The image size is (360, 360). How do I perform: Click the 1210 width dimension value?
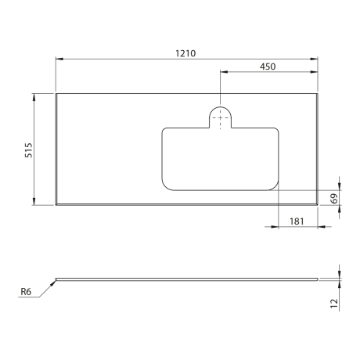(x=185, y=53)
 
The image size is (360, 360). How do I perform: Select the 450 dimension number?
(x=268, y=67)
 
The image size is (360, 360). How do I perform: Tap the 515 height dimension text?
(x=28, y=150)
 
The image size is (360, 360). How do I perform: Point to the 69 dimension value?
(x=334, y=199)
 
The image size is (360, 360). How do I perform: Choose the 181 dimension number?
(x=297, y=221)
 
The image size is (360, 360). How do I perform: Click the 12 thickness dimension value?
(x=334, y=304)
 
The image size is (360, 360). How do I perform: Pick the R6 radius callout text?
(x=26, y=292)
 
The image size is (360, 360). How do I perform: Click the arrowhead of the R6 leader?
(x=54, y=283)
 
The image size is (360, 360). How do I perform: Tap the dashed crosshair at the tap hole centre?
(x=220, y=118)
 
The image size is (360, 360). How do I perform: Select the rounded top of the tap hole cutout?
(x=220, y=106)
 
